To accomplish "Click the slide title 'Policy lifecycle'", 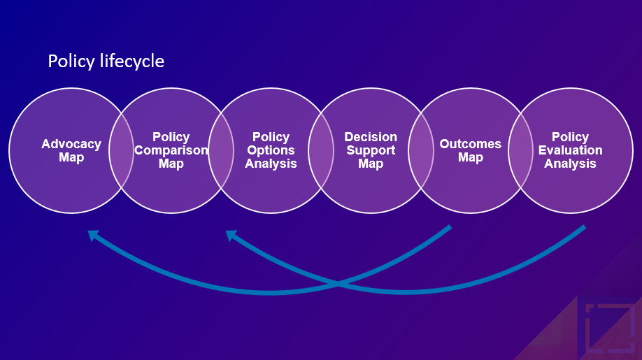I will (106, 62).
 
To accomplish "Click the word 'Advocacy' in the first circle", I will (71, 144).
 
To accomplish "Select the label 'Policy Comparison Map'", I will (171, 150).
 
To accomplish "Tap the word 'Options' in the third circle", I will (271, 150).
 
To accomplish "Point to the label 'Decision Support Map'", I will (371, 150).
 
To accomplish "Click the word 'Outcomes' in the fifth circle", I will (470, 144).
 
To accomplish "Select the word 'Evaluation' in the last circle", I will (570, 150).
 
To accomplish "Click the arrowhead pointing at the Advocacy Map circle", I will (92, 236).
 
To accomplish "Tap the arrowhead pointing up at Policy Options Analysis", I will (230, 236).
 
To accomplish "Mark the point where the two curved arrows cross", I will (339, 283).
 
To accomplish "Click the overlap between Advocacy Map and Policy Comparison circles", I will (122, 150).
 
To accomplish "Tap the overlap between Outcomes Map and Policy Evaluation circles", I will (520, 150).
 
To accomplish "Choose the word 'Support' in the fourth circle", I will (371, 150).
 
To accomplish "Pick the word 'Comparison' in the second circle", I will (171, 150).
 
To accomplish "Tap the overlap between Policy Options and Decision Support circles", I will (321, 150).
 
